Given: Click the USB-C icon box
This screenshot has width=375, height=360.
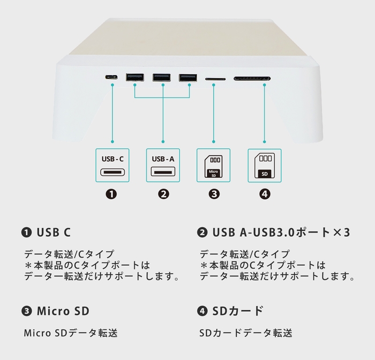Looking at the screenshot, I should [112, 166].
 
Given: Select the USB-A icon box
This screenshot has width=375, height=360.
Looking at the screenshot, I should [163, 166].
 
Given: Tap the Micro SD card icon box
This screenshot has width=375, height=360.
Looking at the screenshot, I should [213, 166].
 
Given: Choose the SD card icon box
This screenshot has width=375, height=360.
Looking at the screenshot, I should [264, 166].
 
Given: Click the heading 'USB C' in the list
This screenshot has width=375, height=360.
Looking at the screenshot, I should [53, 232].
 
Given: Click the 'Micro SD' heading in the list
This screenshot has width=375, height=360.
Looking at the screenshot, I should [62, 311].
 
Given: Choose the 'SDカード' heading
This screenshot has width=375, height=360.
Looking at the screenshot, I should [237, 311].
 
